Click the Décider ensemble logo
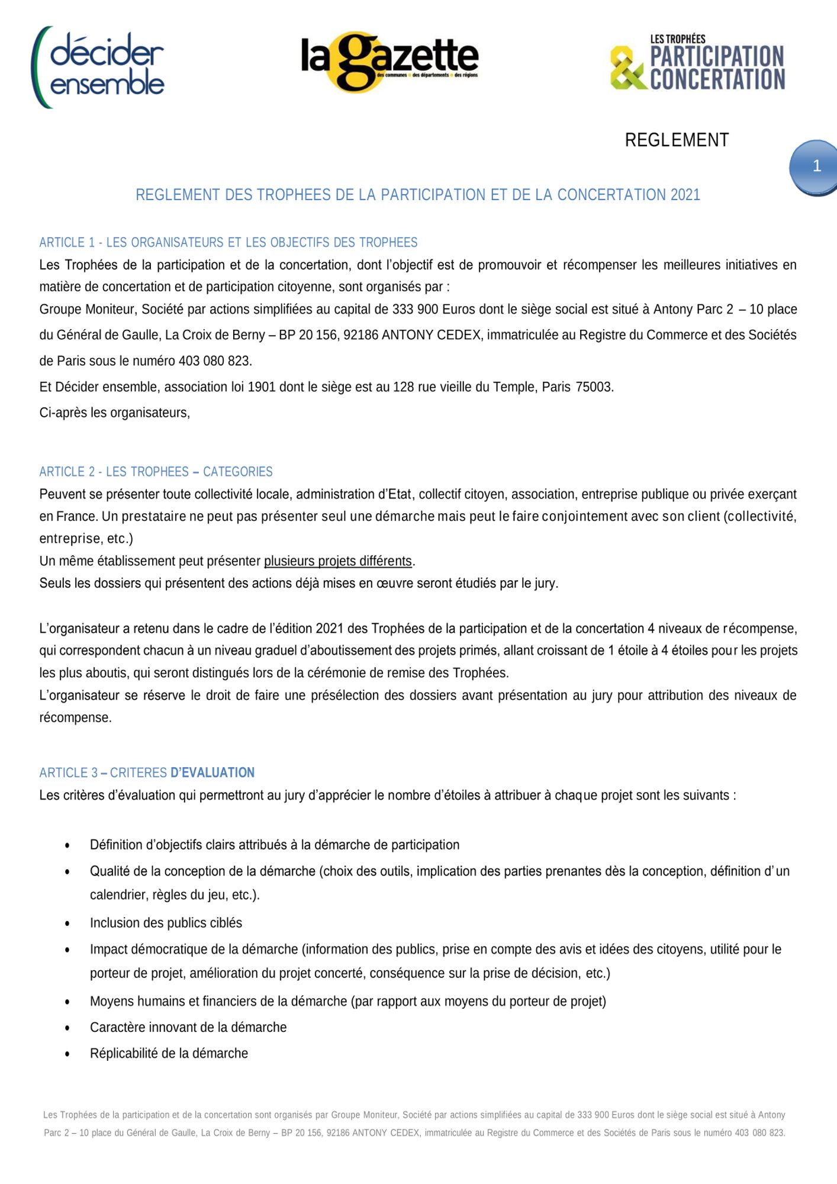pos(98,67)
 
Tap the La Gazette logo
pos(389,62)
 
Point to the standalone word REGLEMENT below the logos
pos(677,140)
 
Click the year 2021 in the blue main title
pos(685,195)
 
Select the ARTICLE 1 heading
pos(228,243)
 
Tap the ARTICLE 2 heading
pos(156,472)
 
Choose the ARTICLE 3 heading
pos(147,773)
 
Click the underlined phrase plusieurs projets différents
pos(338,561)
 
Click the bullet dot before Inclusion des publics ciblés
pos(67,924)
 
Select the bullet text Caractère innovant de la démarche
pos(188,1027)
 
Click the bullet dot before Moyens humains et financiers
pos(67,1002)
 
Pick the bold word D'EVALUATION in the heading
pos(213,773)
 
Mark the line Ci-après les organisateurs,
pos(115,413)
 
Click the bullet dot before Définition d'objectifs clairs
pos(67,845)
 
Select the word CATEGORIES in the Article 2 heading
pos(238,472)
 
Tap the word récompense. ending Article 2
pos(75,718)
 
